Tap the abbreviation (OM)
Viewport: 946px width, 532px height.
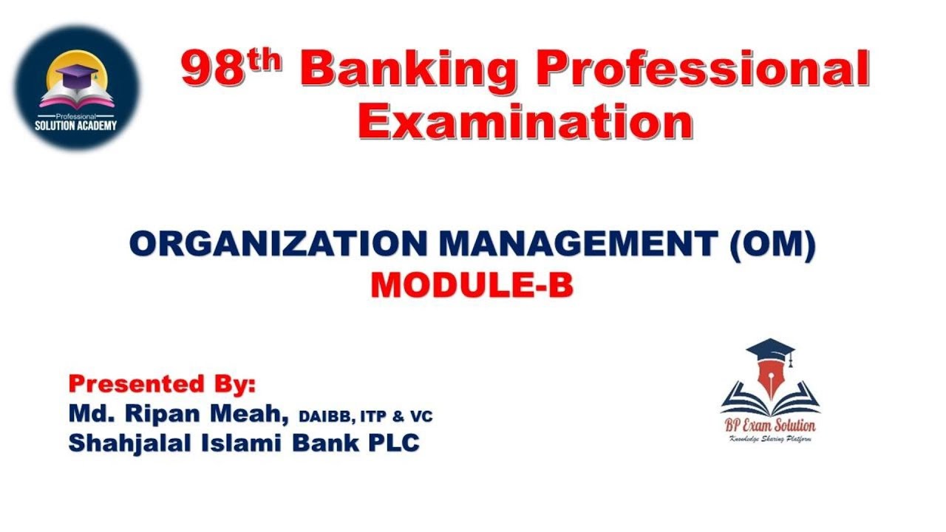[772, 245]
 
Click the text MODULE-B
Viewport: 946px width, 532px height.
[472, 285]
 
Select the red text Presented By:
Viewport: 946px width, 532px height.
[162, 384]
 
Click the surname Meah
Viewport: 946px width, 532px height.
[248, 414]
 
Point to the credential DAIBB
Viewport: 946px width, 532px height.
[326, 417]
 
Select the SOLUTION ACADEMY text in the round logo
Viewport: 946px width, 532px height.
[76, 126]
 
